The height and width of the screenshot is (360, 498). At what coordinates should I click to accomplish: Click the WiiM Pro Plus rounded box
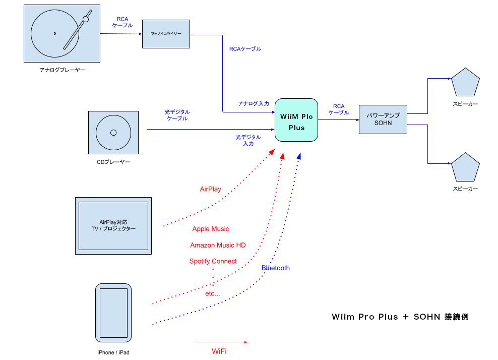coord(296,120)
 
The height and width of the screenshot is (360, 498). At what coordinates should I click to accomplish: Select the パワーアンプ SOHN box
coord(383,119)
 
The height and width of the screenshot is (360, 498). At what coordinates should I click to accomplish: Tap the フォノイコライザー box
coord(166,34)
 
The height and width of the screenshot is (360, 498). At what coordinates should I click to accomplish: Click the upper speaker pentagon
coord(465,83)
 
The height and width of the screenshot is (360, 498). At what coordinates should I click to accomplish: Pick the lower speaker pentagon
coord(465,168)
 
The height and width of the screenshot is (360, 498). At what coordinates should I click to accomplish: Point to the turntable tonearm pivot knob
coord(86,19)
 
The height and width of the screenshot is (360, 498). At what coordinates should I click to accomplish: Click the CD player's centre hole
coord(113,133)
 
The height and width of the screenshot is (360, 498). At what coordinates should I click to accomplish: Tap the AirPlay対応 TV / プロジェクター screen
coord(113,225)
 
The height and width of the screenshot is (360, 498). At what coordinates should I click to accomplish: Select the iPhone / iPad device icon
coord(113,313)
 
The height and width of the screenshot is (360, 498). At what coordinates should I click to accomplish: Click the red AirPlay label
coord(210,189)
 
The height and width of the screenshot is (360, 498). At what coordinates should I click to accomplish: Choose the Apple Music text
coord(210,229)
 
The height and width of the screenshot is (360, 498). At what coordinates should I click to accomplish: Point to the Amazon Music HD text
coord(218,245)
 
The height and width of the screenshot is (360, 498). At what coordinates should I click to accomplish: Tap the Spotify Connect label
coord(213,261)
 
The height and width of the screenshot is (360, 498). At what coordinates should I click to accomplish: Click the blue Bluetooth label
coord(275,268)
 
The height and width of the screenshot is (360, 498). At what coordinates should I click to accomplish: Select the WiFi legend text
coord(219,351)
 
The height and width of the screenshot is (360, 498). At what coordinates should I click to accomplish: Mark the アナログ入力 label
coord(253,103)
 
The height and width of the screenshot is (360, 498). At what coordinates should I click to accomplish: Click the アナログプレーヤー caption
coord(63,70)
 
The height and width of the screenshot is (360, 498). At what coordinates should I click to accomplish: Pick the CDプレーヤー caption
coord(113,162)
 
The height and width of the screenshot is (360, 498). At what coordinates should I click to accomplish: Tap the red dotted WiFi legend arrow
coord(222,342)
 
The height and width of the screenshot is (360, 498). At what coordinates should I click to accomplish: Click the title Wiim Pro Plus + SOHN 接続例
coord(400,317)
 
